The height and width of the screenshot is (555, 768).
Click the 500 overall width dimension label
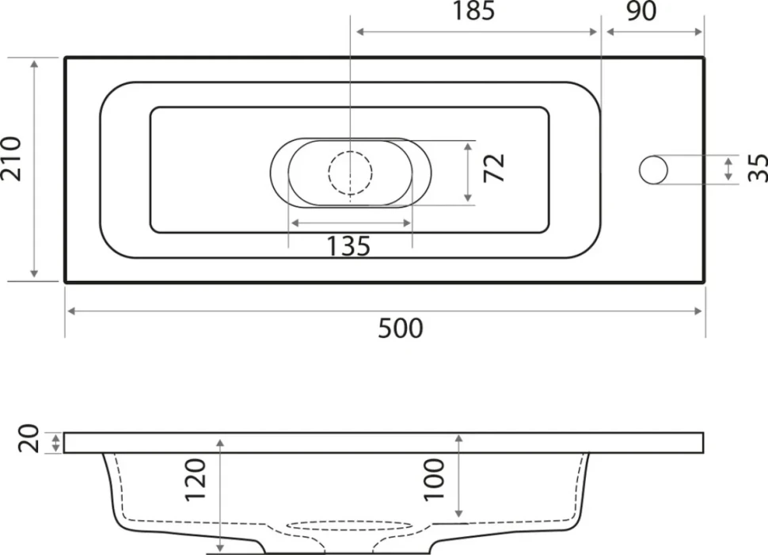point(400,329)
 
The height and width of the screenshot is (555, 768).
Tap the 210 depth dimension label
point(11,158)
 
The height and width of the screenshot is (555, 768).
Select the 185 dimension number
point(473,11)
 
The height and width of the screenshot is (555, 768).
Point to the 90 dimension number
point(641,11)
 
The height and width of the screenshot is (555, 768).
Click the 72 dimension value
point(494,168)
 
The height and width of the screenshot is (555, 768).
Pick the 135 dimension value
point(348,246)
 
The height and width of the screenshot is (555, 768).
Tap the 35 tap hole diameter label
point(758,168)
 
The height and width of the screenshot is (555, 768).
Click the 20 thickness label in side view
point(28,439)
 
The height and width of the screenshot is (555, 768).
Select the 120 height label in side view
point(195,480)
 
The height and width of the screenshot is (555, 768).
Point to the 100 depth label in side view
point(434,480)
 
